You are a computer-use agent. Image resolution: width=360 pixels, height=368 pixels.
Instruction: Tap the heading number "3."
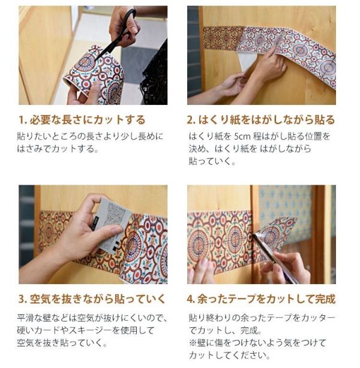22,298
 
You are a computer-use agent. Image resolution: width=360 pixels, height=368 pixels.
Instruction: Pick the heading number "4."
192,298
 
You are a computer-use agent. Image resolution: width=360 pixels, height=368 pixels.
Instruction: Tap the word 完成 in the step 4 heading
325,298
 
